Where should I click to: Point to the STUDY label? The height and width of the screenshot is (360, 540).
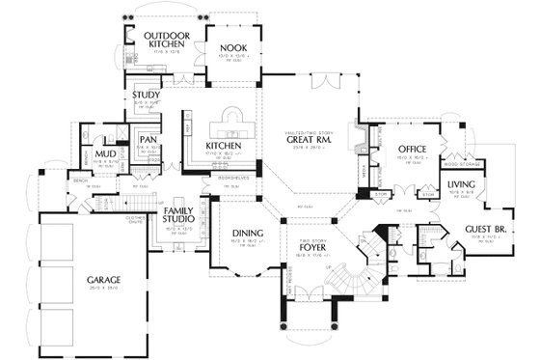[x=147, y=96]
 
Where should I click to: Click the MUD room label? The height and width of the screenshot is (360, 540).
[x=107, y=152]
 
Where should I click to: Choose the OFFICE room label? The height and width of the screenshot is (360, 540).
[x=413, y=148]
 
